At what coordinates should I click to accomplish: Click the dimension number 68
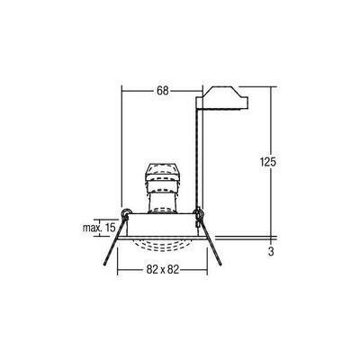(x=162, y=90)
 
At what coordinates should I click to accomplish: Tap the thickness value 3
(x=271, y=252)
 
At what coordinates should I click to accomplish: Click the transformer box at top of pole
(x=221, y=98)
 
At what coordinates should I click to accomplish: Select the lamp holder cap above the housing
(x=163, y=173)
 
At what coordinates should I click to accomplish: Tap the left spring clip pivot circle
(x=129, y=215)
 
